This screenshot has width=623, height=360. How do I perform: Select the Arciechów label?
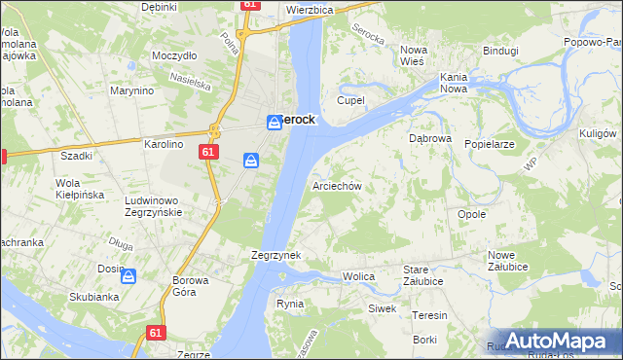pyautogui.click(x=337, y=185)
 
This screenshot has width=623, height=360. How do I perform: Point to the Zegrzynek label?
pyautogui.click(x=275, y=255)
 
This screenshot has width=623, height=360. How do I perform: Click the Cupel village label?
pyautogui.click(x=350, y=100)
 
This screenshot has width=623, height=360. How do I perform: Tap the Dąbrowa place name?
pyautogui.click(x=429, y=138)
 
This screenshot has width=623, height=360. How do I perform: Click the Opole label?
pyautogui.click(x=471, y=214)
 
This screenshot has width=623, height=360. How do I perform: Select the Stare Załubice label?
pyautogui.click(x=423, y=275)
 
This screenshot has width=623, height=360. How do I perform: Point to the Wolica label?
pyautogui.click(x=358, y=277)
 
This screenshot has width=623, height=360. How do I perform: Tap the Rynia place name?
pyautogui.click(x=290, y=304)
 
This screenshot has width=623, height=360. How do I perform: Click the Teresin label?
pyautogui.click(x=429, y=315)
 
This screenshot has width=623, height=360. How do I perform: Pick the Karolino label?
pyautogui.click(x=164, y=144)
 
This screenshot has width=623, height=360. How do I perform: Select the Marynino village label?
pyautogui.click(x=132, y=91)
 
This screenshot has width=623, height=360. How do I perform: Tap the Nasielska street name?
pyautogui.click(x=190, y=79)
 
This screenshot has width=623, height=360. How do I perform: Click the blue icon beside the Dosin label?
pyautogui.click(x=128, y=276)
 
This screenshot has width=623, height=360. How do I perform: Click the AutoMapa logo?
pyautogui.click(x=554, y=341)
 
